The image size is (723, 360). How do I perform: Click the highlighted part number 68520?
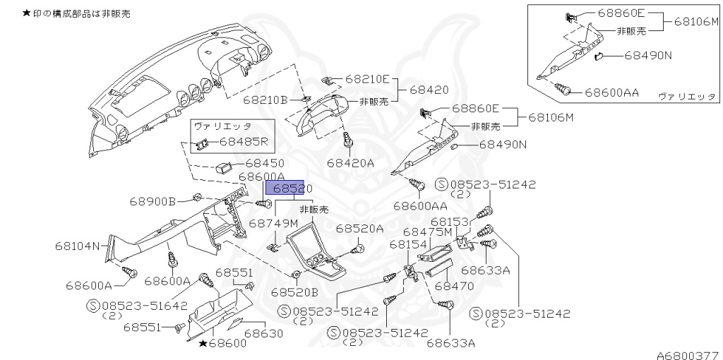[x=285, y=188]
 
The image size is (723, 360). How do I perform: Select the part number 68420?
[x=429, y=90]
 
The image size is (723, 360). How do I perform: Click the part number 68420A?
[x=350, y=163]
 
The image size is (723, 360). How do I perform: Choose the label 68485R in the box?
[x=244, y=141]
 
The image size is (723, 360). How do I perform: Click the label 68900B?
[x=153, y=202]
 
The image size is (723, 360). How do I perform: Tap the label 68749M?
[x=273, y=223]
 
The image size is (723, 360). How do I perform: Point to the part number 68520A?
[x=359, y=228]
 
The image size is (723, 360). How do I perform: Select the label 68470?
[x=454, y=287]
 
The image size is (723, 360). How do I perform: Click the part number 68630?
[x=263, y=332]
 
